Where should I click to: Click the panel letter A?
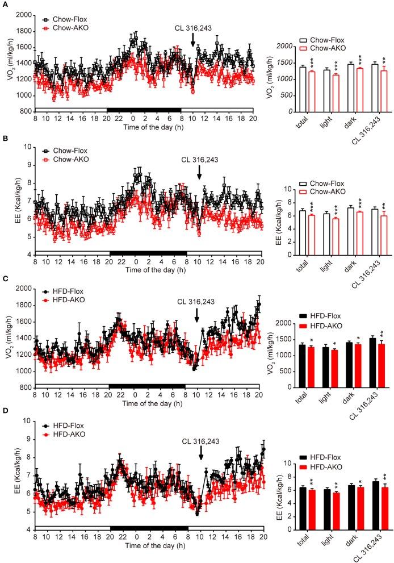tap(5, 4)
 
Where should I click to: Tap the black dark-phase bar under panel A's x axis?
tap(144, 110)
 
